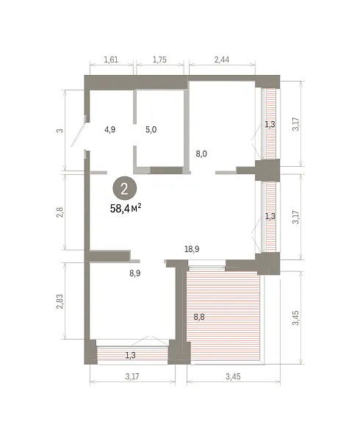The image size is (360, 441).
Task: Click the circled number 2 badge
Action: pyautogui.click(x=124, y=188)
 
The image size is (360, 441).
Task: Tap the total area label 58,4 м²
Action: pyautogui.click(x=126, y=209)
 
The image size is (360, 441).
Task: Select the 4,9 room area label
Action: pyautogui.click(x=109, y=129)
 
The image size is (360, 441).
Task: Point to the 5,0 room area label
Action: pyautogui.click(x=151, y=129)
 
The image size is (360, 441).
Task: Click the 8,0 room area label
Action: pyautogui.click(x=201, y=154)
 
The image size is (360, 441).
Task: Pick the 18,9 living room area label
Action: pyautogui.click(x=192, y=249)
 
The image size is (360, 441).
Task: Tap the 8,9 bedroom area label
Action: pyautogui.click(x=135, y=273)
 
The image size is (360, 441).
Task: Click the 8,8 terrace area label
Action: pyautogui.click(x=199, y=317)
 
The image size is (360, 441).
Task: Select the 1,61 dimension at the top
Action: pyautogui.click(x=111, y=60)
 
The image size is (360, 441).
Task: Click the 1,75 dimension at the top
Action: pyautogui.click(x=159, y=60)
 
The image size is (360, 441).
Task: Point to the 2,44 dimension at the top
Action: pyautogui.click(x=222, y=60)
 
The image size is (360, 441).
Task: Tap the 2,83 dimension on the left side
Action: pyautogui.click(x=60, y=301)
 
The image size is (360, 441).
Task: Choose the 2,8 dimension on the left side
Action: pyautogui.click(x=60, y=212)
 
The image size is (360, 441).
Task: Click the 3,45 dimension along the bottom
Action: pyautogui.click(x=233, y=376)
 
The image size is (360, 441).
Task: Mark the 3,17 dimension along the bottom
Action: pyautogui.click(x=132, y=376)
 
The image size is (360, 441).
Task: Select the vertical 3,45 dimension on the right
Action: pyautogui.click(x=295, y=318)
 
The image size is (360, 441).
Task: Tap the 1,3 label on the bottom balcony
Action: pyautogui.click(x=130, y=355)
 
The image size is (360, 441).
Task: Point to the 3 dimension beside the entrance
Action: pyautogui.click(x=60, y=131)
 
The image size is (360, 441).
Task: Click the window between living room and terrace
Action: pyautogui.click(x=206, y=266)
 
